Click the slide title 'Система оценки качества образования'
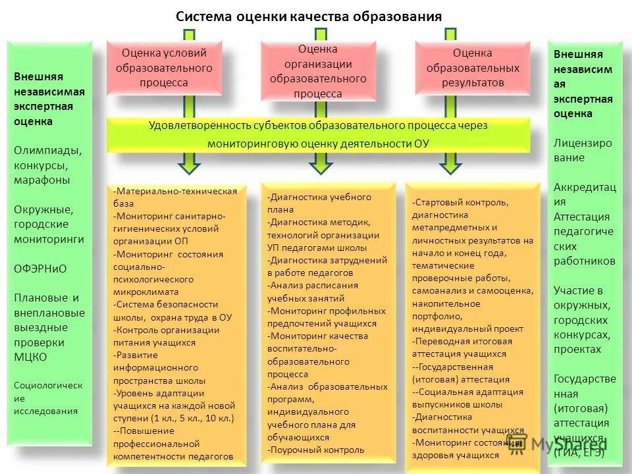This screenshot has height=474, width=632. click(309, 16)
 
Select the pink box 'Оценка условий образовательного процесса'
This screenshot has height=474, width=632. click(164, 68)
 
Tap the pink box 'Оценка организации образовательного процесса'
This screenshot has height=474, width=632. click(318, 71)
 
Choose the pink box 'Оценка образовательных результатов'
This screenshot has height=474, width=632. click(472, 68)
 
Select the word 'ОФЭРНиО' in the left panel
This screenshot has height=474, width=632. click(41, 269)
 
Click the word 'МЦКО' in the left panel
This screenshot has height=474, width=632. click(31, 357)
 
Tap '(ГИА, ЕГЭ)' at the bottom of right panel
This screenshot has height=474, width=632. click(579, 452)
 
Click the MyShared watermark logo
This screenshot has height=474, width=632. click(556, 443)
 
